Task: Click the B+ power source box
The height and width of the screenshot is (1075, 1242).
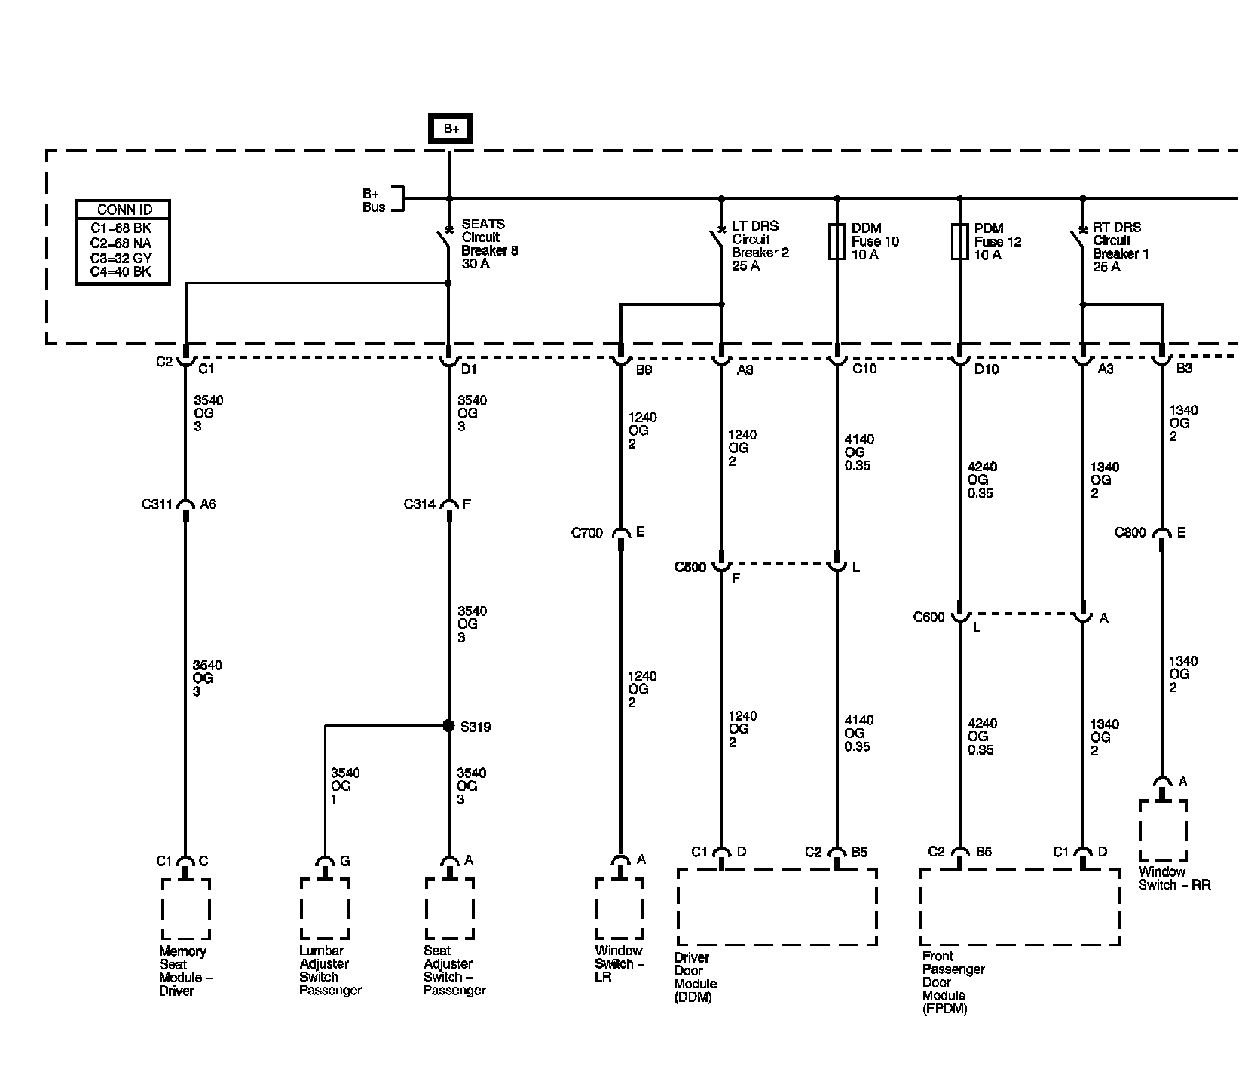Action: coord(451,129)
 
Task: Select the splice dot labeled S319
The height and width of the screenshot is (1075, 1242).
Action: coord(448,726)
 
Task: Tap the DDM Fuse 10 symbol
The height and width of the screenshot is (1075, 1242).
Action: coord(837,241)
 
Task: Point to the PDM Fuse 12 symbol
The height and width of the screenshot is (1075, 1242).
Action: coord(959,241)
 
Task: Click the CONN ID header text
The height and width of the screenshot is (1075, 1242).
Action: coord(123,210)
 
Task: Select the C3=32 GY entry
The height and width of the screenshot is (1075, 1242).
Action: coord(121,258)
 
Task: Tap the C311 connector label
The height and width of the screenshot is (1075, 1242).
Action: coord(157,504)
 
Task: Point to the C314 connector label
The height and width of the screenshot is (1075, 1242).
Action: coord(420,504)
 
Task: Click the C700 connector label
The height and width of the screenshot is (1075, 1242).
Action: coord(587,533)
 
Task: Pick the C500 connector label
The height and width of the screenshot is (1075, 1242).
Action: coord(690,567)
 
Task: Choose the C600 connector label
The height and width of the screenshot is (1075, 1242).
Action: coord(928,617)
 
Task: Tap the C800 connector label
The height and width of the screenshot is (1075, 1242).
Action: coord(1130,533)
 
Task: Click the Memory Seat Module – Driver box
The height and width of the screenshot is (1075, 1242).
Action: coord(185,909)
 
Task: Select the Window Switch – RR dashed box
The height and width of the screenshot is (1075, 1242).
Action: coord(1163,831)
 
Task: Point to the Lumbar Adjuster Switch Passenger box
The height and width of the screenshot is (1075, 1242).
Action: coord(324,908)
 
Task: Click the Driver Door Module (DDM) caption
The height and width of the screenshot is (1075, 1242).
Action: coord(695,977)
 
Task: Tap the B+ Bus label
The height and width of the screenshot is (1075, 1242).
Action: coord(374,200)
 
